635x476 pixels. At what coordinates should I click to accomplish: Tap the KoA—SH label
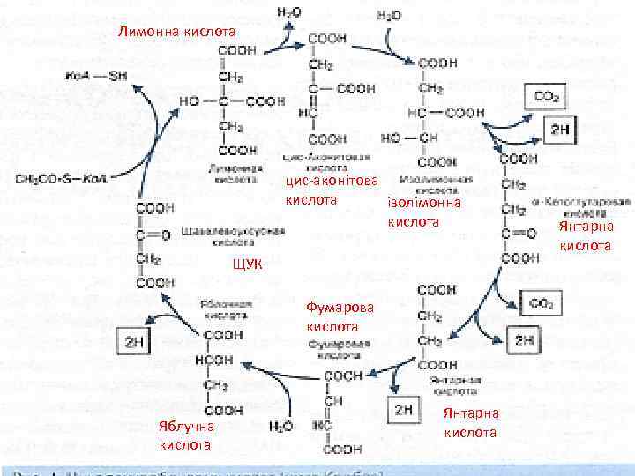click(98, 75)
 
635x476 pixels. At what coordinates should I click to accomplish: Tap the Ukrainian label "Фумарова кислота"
click(340, 316)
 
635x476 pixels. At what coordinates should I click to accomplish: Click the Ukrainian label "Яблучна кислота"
click(188, 436)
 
